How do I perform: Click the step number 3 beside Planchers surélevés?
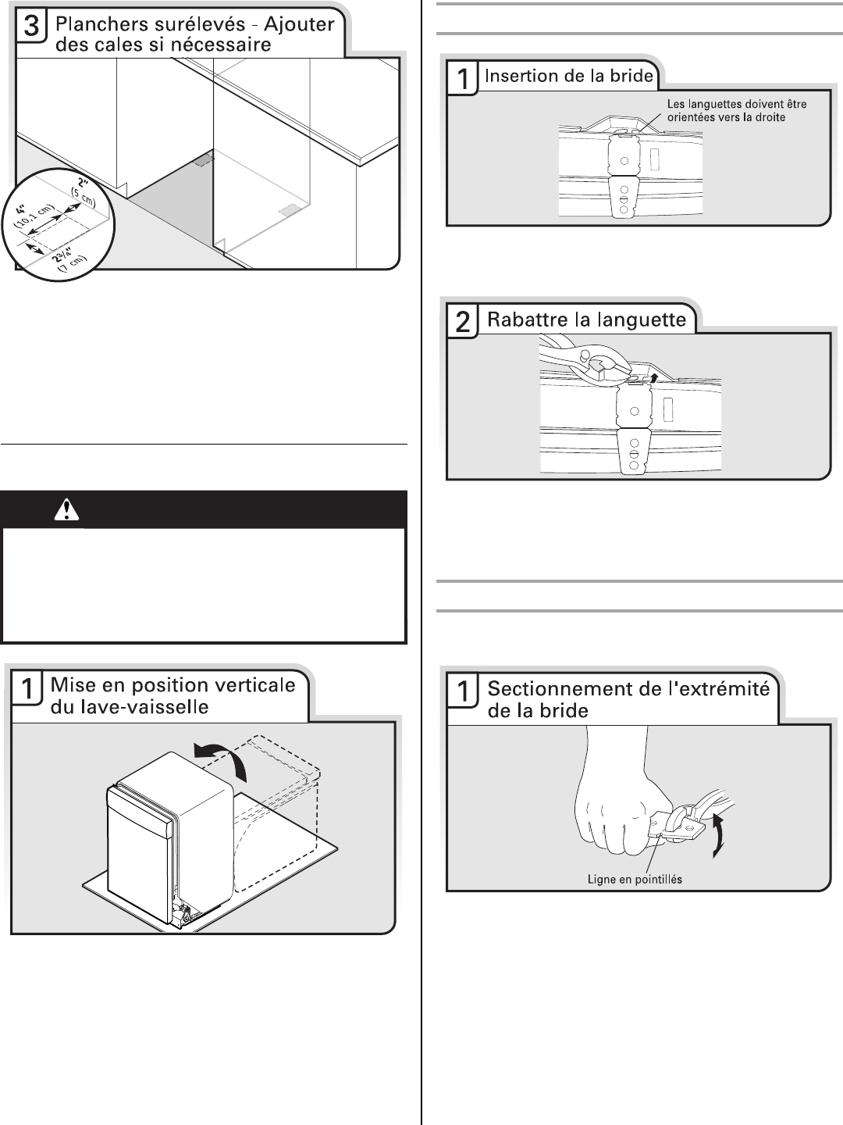pos(31,27)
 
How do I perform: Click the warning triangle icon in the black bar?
pos(67,510)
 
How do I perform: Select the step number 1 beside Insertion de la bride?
pos(463,78)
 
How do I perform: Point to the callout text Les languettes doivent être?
pos(737,104)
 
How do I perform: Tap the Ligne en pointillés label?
pos(635,879)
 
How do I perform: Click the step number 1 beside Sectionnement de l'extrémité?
pos(463,692)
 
